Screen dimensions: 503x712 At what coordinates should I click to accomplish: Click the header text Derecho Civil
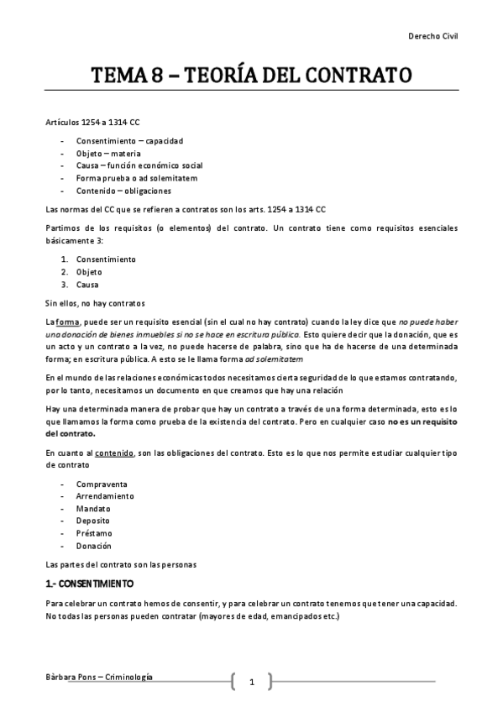(432, 36)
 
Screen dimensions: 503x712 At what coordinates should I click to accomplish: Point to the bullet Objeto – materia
(111, 153)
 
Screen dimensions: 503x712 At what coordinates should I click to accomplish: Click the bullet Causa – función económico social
(139, 165)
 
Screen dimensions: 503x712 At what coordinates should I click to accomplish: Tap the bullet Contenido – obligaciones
(123, 191)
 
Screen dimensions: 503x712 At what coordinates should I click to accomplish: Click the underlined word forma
(67, 323)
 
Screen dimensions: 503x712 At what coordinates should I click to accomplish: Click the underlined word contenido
(114, 453)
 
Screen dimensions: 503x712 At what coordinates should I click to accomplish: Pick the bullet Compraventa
(102, 484)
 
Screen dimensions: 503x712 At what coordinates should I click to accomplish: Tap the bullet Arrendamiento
(105, 497)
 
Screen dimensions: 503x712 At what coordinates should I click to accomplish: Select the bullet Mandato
(93, 509)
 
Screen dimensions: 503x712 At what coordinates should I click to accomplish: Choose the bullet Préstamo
(94, 533)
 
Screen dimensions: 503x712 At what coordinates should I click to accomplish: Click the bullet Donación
(95, 546)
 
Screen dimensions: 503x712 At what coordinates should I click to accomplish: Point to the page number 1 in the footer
(251, 682)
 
